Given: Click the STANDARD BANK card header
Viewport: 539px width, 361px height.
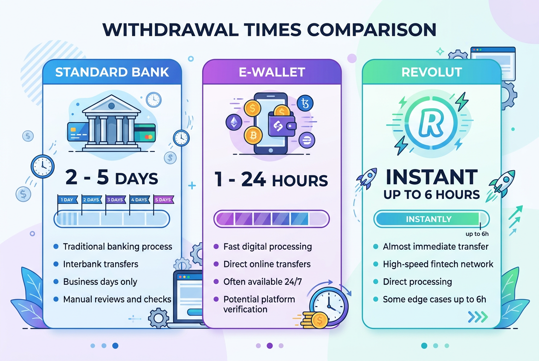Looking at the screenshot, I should [x=112, y=72].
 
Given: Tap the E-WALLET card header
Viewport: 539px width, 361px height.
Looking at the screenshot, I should [x=272, y=72].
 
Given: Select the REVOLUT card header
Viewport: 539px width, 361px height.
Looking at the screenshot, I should [x=432, y=72].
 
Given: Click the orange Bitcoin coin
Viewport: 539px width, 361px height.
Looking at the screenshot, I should [x=253, y=135].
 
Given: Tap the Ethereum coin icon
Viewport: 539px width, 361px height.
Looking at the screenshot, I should [x=234, y=123].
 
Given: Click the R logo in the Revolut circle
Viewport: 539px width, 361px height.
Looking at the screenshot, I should [x=432, y=123].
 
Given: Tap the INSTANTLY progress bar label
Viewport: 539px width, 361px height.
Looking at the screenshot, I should [x=429, y=219].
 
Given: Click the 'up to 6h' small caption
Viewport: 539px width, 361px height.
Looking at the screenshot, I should [x=476, y=233].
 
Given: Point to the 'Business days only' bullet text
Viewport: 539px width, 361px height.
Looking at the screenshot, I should [x=100, y=282].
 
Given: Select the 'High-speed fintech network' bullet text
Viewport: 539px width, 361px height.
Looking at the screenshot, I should [x=438, y=264].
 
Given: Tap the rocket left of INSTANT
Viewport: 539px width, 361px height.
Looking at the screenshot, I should [x=368, y=178].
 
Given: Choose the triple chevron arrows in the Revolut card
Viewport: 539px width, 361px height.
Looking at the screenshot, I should [x=478, y=316].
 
